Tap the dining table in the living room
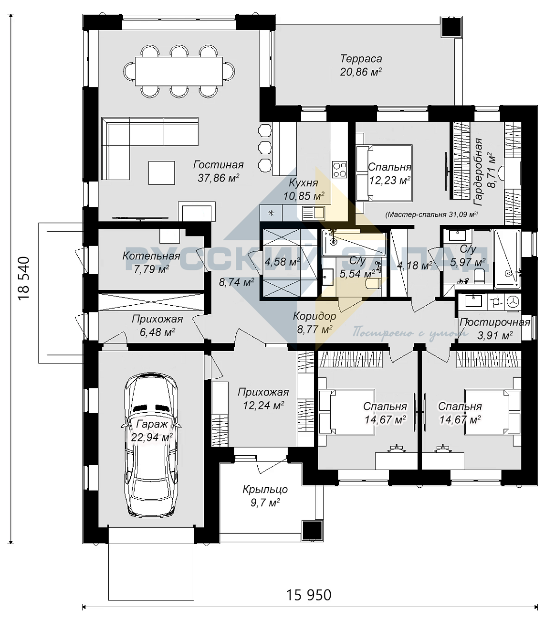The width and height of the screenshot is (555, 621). coord(179,71)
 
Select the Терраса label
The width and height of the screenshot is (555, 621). coord(361,58)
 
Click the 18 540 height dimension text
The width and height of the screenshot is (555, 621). coord(24,278)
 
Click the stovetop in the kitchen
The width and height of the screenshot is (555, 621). coord(340,170)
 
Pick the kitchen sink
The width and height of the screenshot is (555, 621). coord(313,213)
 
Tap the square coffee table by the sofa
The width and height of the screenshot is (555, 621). coord(162,173)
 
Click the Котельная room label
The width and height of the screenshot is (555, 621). coord(151,256)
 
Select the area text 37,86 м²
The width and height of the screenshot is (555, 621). coord(219,178)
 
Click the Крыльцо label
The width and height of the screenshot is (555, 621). coord(265,489)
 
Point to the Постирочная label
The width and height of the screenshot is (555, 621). coord(495,322)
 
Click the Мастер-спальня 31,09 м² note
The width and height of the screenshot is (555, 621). coord(431,214)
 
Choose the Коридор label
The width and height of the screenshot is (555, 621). coord(314,316)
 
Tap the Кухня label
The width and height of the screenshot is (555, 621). coord(304,182)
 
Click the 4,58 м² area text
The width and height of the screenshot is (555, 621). coord(282,262)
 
